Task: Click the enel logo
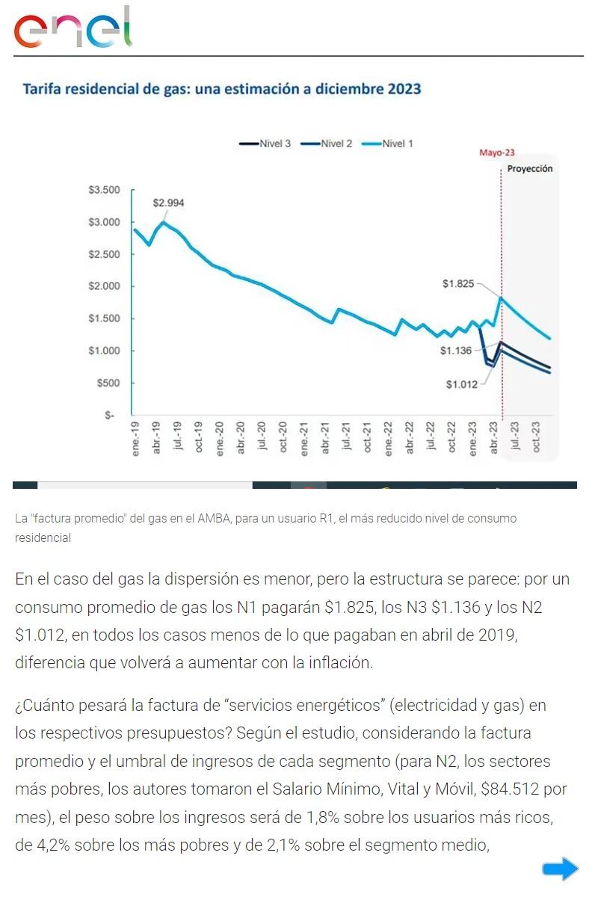pos(73,28)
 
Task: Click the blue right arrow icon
pos(560,868)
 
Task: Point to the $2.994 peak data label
pos(168,203)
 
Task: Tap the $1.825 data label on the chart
pos(457,284)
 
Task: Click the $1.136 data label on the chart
pos(455,350)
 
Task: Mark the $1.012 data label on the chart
pos(461,384)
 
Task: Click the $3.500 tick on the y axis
pos(104,190)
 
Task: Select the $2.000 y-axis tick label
pos(104,286)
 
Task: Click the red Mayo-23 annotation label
pos(496,153)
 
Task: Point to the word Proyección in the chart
pos(530,169)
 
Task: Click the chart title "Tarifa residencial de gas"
pos(222,89)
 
